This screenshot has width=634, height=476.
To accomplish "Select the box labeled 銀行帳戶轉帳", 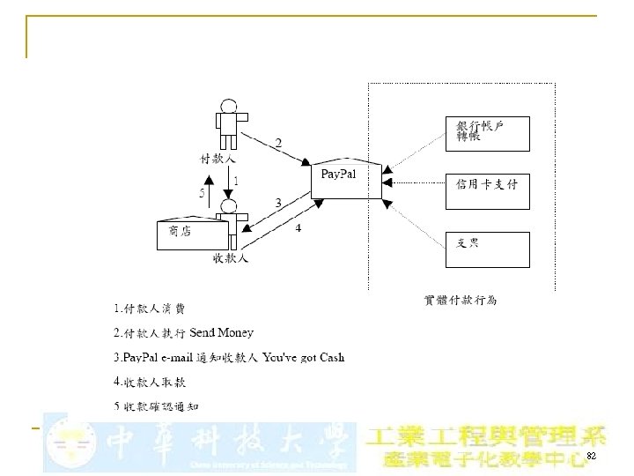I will pyautogui.click(x=488, y=133).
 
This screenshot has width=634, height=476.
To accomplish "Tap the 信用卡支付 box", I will pyautogui.click(x=488, y=190).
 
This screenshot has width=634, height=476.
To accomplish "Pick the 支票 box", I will pyautogui.click(x=488, y=248).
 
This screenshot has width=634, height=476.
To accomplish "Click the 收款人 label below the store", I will pyautogui.click(x=231, y=259).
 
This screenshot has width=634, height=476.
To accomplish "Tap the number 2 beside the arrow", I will pyautogui.click(x=279, y=143).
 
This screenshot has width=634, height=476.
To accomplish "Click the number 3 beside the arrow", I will pyautogui.click(x=278, y=203).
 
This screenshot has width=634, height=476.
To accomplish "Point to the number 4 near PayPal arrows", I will pyautogui.click(x=299, y=228).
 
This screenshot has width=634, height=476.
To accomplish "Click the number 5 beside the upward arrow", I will pyautogui.click(x=202, y=192).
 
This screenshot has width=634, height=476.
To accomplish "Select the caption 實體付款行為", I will pyautogui.click(x=461, y=300).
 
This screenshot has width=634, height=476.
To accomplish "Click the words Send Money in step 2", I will pyautogui.click(x=222, y=332).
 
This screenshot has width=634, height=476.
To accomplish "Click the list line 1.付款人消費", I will pyautogui.click(x=150, y=309).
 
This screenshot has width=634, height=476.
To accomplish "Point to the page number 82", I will pyautogui.click(x=592, y=457).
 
